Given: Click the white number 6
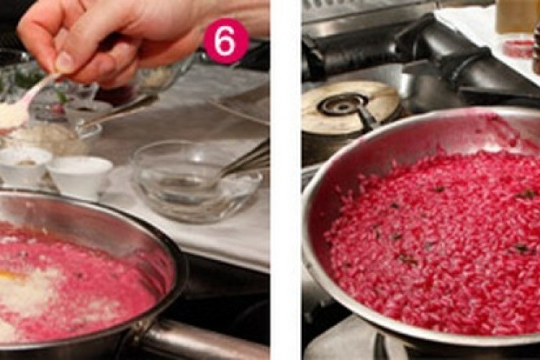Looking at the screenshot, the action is [x=225, y=41].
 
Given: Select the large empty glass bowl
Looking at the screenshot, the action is [x=197, y=181].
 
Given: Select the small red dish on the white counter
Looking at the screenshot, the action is [x=518, y=49].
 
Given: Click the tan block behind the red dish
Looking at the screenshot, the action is [x=516, y=16].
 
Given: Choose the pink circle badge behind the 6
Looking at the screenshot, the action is [x=225, y=41].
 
